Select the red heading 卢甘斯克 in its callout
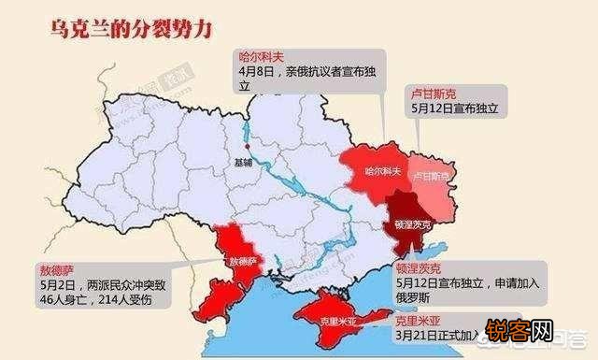pos(433,94)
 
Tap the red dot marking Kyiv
pos(247,147)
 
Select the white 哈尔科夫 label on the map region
pos(381,172)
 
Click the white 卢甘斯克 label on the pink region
pos(432,175)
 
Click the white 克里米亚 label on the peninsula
pos(336,318)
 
